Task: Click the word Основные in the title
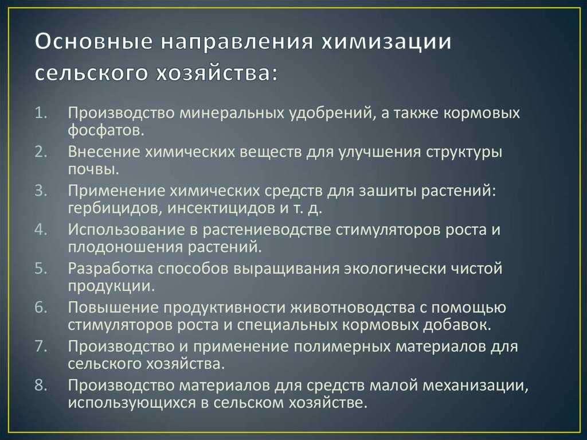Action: [x=93, y=42]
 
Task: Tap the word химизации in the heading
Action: [x=387, y=42]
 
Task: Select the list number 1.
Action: [x=41, y=113]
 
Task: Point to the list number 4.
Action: [x=41, y=229]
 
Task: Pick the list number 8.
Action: [x=41, y=385]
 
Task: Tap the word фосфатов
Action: [x=106, y=131]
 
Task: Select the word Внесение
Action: [x=104, y=152]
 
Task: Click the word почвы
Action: [x=93, y=170]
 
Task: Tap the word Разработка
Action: [x=111, y=268]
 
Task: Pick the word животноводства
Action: [x=353, y=307]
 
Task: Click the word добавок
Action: [x=457, y=325]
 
